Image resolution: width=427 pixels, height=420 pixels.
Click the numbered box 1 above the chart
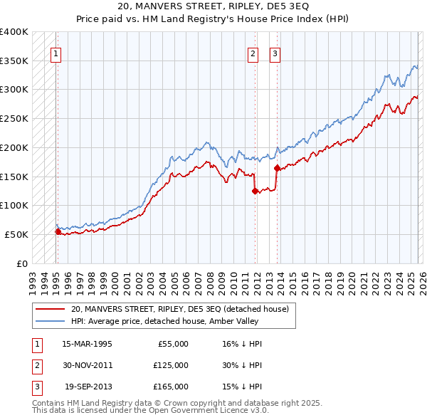pyautogui.click(x=55, y=52)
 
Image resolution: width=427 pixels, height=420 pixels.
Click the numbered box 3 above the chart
pyautogui.click(x=275, y=52)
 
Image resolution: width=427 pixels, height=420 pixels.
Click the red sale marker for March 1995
pyautogui.click(x=58, y=231)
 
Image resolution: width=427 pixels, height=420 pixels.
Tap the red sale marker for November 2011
pyautogui.click(x=254, y=191)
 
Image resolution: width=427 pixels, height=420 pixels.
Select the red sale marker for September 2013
pyautogui.click(x=277, y=167)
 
